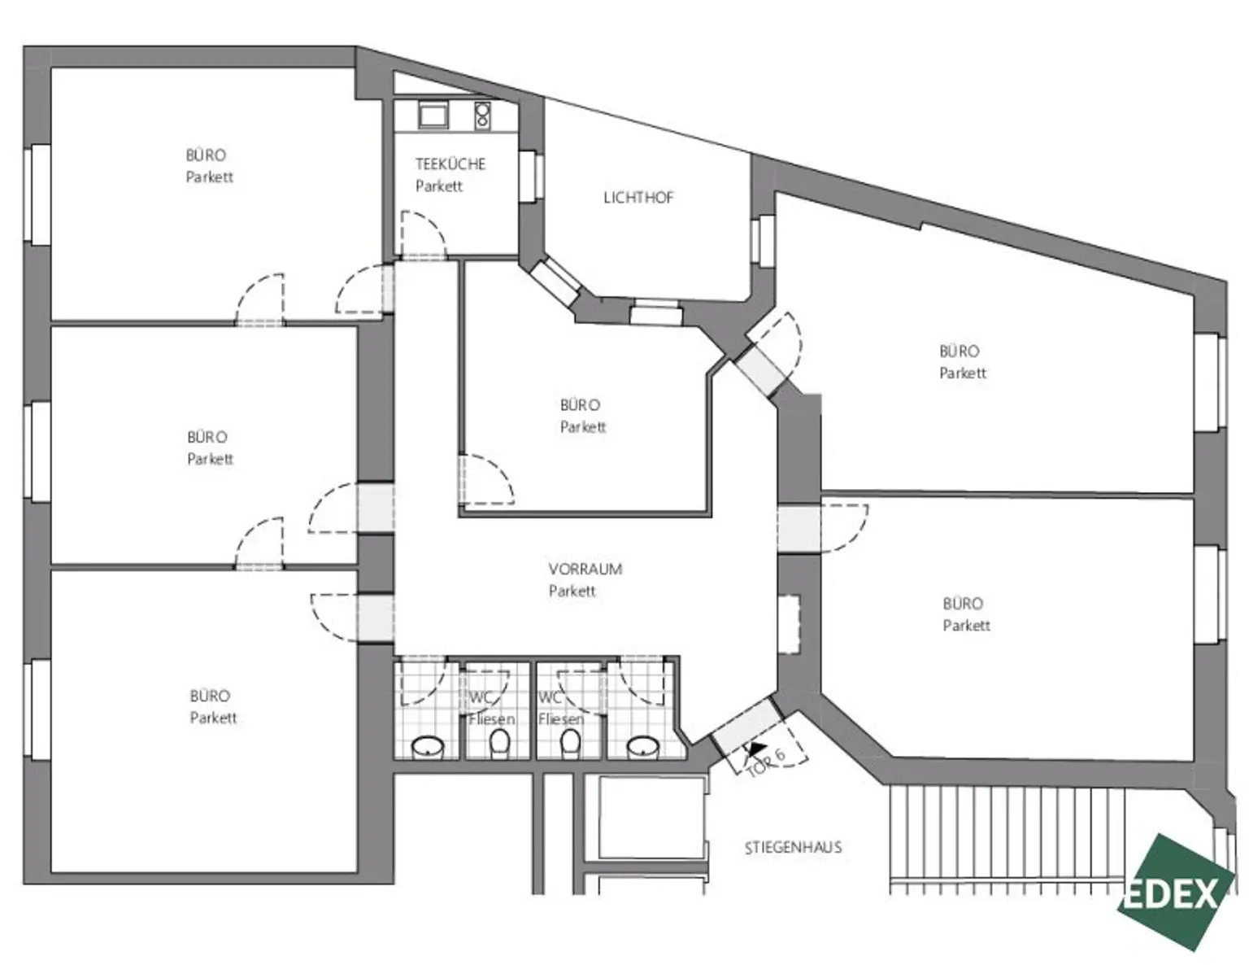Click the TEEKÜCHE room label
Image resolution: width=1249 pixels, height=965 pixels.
click(x=450, y=164)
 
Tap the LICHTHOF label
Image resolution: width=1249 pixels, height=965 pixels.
click(x=638, y=198)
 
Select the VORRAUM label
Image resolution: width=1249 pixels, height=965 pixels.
click(x=585, y=570)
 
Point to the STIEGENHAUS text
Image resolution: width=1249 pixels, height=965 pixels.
click(x=793, y=848)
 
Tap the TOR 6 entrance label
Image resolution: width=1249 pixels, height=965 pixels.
click(x=765, y=762)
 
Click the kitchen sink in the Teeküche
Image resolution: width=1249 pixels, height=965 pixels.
click(x=433, y=116)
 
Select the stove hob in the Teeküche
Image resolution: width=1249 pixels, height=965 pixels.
click(x=482, y=116)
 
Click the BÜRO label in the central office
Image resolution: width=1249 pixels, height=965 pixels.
click(x=580, y=405)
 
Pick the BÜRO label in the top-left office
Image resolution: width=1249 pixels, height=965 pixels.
click(x=206, y=155)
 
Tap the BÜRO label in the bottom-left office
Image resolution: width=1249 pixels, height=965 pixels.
click(x=210, y=696)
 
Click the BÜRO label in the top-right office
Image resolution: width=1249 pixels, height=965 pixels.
click(x=959, y=352)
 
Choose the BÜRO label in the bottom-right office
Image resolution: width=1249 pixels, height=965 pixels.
click(x=963, y=604)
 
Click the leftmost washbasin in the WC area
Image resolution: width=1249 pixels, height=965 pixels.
click(x=428, y=746)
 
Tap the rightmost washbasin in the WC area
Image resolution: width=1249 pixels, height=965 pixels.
click(x=643, y=746)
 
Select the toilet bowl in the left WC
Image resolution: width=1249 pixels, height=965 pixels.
click(x=499, y=742)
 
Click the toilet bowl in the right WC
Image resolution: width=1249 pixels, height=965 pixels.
click(x=571, y=742)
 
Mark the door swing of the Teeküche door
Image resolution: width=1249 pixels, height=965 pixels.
click(x=423, y=234)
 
